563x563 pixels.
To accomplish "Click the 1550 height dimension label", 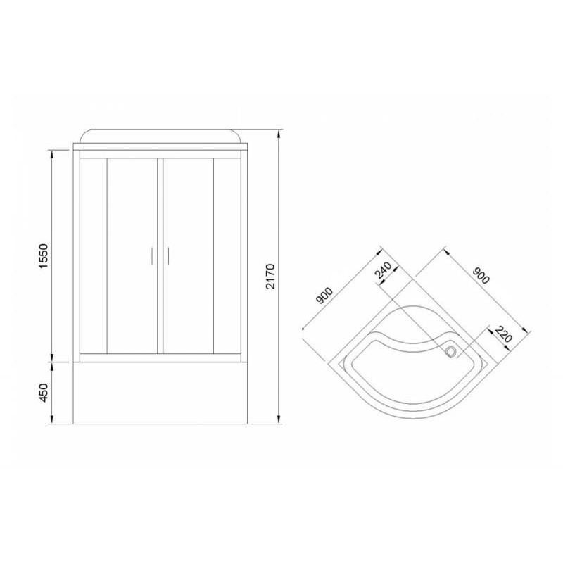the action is pyautogui.click(x=43, y=256).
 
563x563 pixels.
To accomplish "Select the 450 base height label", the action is pyautogui.click(x=43, y=393).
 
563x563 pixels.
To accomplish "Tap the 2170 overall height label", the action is pyautogui.click(x=270, y=276).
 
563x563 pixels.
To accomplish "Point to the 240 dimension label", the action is pyautogui.click(x=383, y=270).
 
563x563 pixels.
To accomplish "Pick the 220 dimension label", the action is pyautogui.click(x=503, y=334).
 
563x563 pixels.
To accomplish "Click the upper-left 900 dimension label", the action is pyautogui.click(x=324, y=296).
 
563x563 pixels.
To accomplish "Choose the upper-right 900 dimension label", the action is pyautogui.click(x=481, y=275).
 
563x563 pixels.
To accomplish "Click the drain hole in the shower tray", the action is pyautogui.click(x=450, y=350).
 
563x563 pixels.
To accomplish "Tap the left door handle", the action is pyautogui.click(x=152, y=255).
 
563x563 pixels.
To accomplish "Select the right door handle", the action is pyautogui.click(x=167, y=255).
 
